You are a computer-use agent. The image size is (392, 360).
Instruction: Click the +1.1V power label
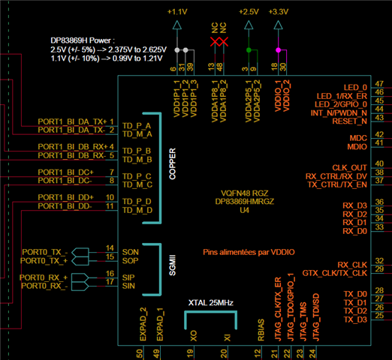point(177,12)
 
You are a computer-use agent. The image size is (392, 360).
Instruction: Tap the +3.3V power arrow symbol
point(278,25)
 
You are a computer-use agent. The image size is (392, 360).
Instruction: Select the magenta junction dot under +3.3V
point(278,50)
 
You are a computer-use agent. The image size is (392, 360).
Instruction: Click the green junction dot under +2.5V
point(249,50)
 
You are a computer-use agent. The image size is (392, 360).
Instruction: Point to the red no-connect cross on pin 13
point(215,42)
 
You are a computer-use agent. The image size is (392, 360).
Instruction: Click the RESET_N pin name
point(349,121)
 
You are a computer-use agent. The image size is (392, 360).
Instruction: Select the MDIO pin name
point(357,147)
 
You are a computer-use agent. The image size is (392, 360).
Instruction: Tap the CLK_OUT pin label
point(349,167)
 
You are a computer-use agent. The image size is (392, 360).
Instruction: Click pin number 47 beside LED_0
point(379,84)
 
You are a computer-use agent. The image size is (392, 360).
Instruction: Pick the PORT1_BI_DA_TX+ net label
point(72,121)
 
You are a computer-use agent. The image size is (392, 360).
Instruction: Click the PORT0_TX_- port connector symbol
point(80,252)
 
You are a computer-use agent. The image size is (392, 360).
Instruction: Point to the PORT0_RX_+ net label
point(44,277)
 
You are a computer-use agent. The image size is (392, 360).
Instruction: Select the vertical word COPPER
point(173,163)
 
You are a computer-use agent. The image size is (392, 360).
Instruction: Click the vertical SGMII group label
point(173,265)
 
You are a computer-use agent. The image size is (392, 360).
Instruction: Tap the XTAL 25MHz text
point(211,303)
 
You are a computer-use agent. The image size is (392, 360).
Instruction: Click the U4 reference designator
point(245,210)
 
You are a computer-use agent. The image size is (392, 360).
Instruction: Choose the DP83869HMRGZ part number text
point(245,202)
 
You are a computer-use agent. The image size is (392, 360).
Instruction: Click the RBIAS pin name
point(261,330)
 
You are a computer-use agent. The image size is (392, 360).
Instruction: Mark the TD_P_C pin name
point(137,176)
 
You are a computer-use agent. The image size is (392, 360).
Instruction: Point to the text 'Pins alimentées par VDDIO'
point(249,252)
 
